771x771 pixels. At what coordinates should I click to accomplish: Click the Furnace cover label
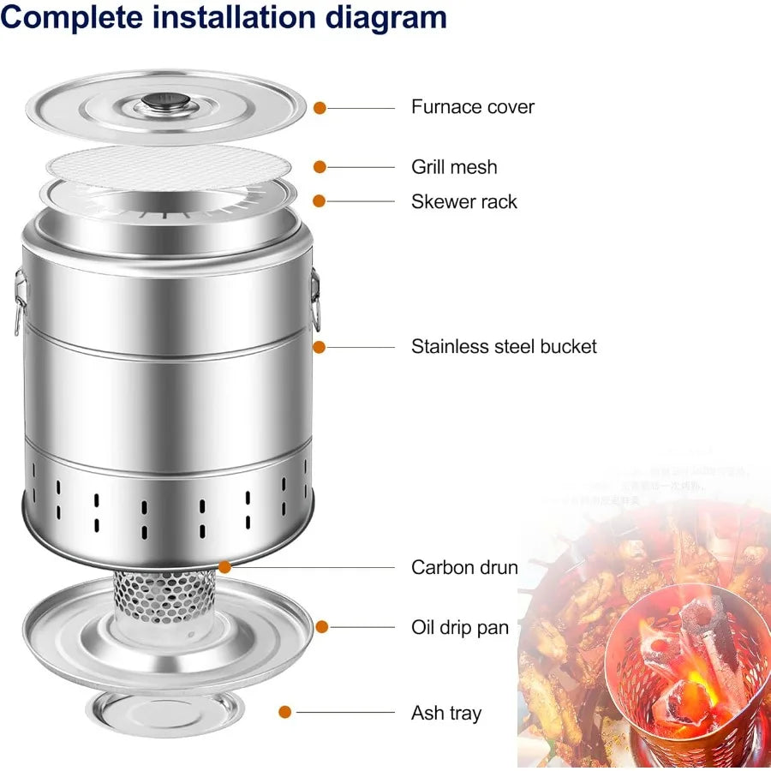472,107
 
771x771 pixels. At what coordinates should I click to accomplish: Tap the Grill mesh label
454,167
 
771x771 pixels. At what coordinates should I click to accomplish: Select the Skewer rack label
464,202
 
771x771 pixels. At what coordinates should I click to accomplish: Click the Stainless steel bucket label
504,347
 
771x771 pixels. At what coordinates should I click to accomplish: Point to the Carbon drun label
464,567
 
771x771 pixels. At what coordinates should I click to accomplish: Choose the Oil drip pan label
459,627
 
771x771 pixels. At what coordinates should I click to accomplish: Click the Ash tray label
446,713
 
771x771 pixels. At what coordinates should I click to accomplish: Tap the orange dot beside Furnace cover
320,108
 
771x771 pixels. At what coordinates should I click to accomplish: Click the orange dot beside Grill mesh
320,166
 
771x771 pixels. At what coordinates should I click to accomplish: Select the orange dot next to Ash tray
285,711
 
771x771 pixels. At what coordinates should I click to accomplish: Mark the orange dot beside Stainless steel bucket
320,347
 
